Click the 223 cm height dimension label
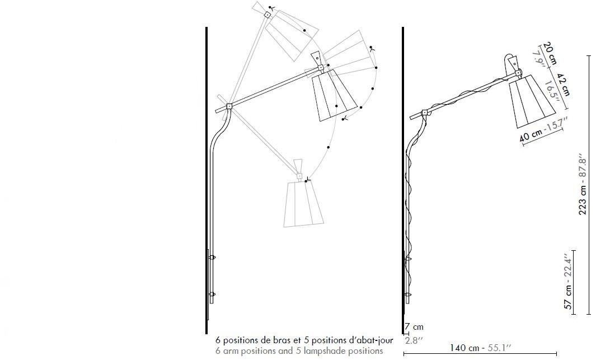[x=583, y=184]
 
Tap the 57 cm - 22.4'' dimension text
[x=568, y=282]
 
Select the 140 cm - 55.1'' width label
[x=481, y=348]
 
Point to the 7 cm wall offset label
[x=414, y=326]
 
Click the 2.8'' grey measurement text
[x=413, y=340]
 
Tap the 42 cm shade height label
[x=564, y=85]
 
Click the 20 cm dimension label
[x=550, y=53]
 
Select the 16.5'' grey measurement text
[x=552, y=92]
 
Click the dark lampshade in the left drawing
[x=334, y=95]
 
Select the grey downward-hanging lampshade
[x=304, y=204]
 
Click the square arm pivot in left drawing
[x=229, y=106]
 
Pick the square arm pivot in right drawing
[x=425, y=113]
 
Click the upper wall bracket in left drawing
[x=212, y=258]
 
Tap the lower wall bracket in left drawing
[x=212, y=294]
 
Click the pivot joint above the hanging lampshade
[x=299, y=176]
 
